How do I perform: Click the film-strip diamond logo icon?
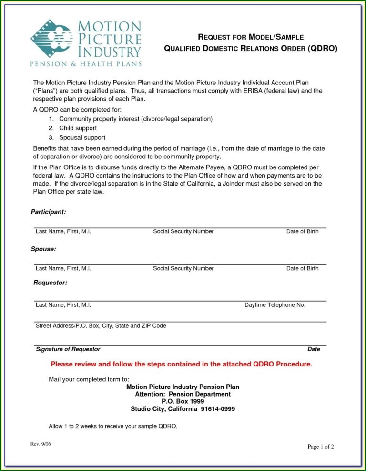[x=52, y=39]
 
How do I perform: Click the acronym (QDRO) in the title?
[x=322, y=49]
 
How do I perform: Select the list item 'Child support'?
[x=78, y=128]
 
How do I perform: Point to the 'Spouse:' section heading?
[x=43, y=249]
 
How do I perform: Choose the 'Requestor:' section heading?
[x=50, y=283]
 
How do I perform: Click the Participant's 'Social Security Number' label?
[x=183, y=231]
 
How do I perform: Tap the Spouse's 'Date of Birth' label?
[x=302, y=268]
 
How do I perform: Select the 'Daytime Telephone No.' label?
[x=275, y=304]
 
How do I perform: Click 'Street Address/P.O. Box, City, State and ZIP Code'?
[x=101, y=326]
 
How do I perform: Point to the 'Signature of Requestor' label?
[x=68, y=349]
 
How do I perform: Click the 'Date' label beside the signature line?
[x=314, y=349]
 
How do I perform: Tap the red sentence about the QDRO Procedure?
[x=182, y=364]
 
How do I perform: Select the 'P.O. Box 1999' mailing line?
[x=183, y=402]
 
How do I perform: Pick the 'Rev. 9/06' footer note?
[x=41, y=444]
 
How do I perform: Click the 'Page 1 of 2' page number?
[x=321, y=447]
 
